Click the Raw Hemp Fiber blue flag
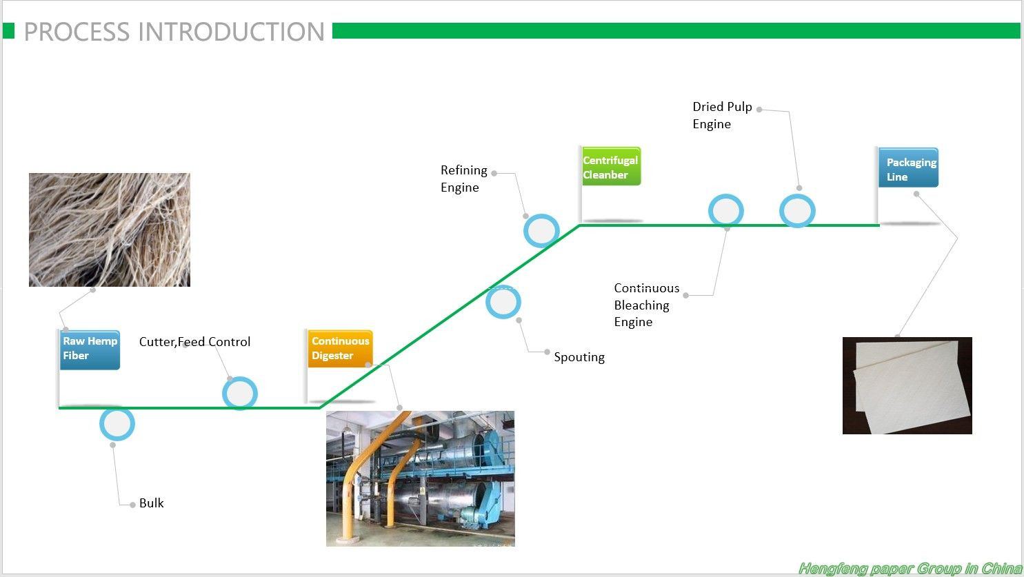(x=90, y=350)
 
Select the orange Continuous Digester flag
(x=340, y=349)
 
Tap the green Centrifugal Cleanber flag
(x=611, y=166)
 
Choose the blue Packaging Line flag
(x=908, y=168)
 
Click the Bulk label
(x=151, y=503)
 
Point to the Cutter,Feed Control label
(x=194, y=342)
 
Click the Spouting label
(x=579, y=357)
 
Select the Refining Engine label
(x=463, y=179)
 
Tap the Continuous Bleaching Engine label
(x=646, y=305)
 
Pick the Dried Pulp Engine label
(x=722, y=115)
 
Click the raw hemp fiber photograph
(x=109, y=230)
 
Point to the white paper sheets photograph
(x=907, y=385)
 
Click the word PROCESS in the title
(x=77, y=32)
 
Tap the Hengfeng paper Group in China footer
(x=910, y=569)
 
